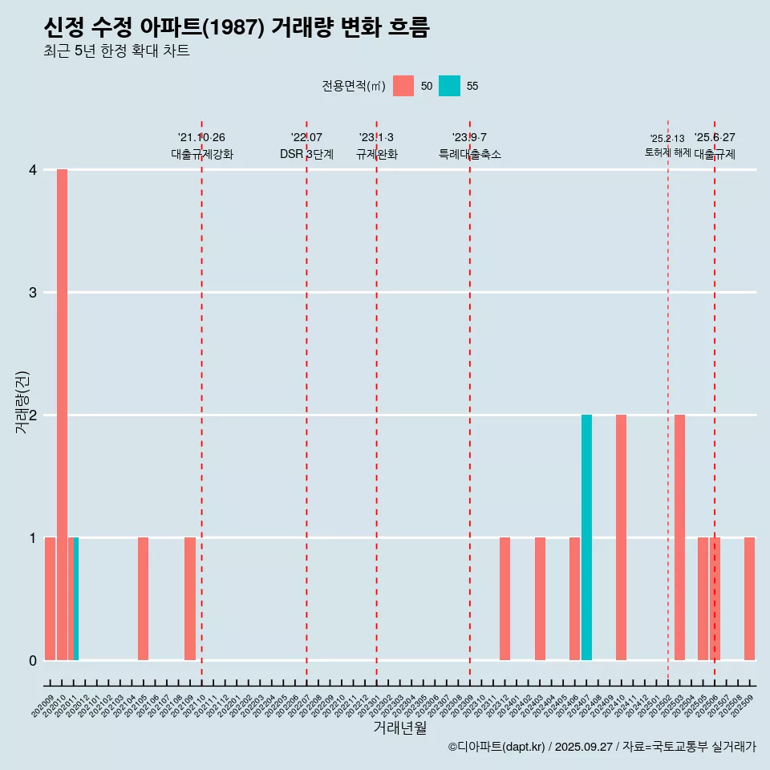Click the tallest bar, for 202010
coord(62,414)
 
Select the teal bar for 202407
coord(586,537)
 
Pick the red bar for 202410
coord(622,537)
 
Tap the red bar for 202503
coord(679,537)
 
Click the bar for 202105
coord(143,598)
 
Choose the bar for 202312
coord(505,598)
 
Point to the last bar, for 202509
coord(749,598)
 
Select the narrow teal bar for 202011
coord(76,598)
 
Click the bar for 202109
coord(190,598)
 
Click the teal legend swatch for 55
coord(450,86)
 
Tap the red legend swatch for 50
coord(403,86)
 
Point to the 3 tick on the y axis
coord(33,293)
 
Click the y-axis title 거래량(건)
coord(22,402)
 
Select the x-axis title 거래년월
coord(399,727)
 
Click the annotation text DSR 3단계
coord(306,154)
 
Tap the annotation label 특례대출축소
coord(469,154)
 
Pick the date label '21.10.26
coord(201,138)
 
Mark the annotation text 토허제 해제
coord(667,152)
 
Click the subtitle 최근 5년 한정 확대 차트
coord(117,51)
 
